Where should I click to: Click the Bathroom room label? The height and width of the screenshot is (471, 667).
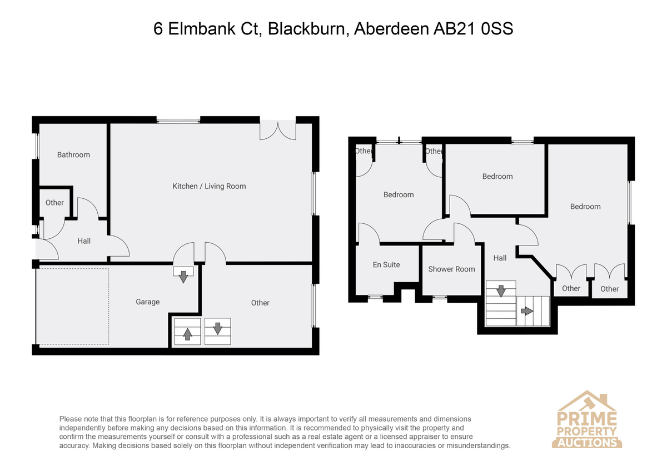[x=73, y=155]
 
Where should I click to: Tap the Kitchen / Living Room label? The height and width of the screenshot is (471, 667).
[x=210, y=186]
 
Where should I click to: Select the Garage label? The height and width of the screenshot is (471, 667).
[x=148, y=302]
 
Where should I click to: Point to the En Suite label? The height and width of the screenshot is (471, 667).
[x=386, y=264]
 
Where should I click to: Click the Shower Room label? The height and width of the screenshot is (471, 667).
[x=451, y=269]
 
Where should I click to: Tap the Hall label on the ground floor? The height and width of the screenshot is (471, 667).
[x=84, y=241]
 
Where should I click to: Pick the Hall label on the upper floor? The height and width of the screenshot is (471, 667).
[x=500, y=258]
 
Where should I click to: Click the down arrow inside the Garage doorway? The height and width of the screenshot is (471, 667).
[x=183, y=277]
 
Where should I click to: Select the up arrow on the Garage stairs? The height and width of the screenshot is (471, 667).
[x=187, y=334]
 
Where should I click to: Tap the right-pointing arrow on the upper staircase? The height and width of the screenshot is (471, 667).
[x=527, y=311]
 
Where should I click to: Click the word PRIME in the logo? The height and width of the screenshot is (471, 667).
[x=586, y=418]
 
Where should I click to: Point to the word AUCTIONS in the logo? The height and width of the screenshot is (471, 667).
[x=587, y=443]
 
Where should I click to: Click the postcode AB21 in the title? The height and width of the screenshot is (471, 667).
[x=454, y=29]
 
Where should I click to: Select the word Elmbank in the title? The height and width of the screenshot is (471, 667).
[x=202, y=29]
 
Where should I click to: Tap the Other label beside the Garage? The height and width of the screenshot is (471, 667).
[x=260, y=303]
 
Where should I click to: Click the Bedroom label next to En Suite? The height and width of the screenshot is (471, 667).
[x=399, y=194]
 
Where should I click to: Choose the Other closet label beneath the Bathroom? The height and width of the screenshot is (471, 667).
[x=54, y=203]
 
